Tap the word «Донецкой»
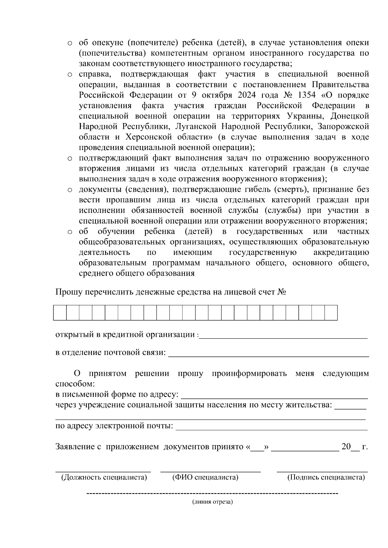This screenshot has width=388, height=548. coord(350,116)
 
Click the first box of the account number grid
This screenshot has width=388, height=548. coord(60,313)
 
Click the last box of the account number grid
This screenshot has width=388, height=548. coord(331,313)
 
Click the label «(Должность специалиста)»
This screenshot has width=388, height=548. coord(104,477)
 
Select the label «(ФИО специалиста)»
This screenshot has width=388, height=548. coord(205,477)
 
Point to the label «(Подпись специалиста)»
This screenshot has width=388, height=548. coord(326,477)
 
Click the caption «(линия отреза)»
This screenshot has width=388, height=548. coord(212,502)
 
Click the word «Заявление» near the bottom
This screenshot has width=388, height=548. coord(75,447)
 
